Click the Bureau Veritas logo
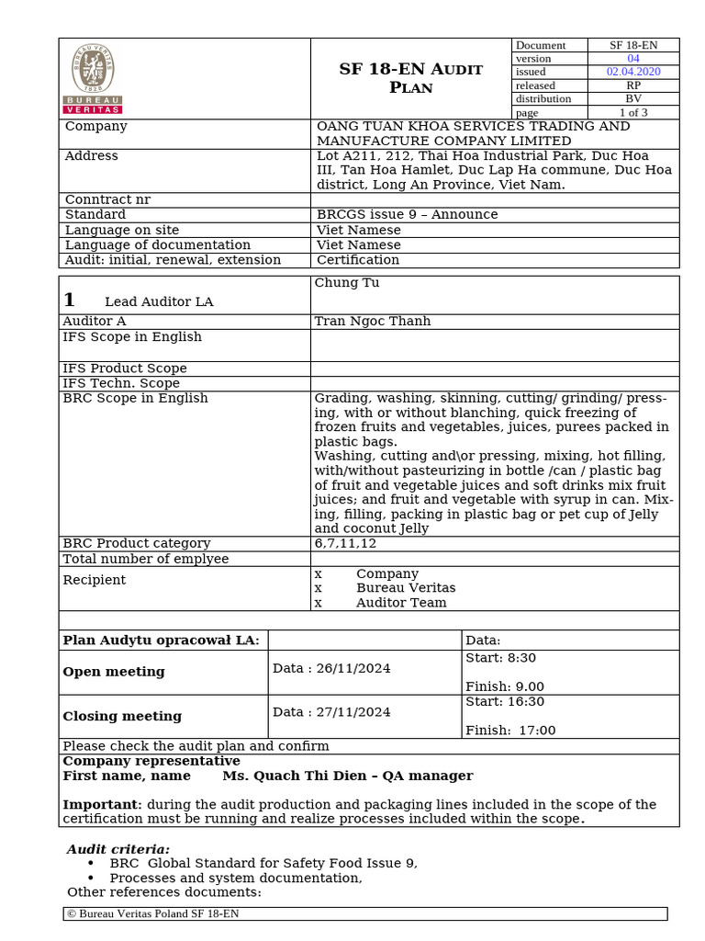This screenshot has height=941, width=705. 93,78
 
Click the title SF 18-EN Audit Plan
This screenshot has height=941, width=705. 410,78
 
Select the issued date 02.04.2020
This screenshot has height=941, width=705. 633,72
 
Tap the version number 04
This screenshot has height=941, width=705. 633,58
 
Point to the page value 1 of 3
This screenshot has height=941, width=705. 633,112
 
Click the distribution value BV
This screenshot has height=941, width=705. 633,98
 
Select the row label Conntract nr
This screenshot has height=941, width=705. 107,199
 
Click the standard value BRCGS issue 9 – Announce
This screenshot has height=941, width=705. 407,214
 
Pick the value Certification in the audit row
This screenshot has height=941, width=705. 358,260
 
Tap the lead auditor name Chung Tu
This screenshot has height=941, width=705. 347,283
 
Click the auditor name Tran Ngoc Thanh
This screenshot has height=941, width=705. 372,322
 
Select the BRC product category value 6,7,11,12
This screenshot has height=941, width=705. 345,543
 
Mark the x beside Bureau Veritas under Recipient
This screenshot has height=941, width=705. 319,588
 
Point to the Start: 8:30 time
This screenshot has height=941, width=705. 500,658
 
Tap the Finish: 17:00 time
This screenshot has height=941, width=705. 510,731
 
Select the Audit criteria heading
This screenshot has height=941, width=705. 118,849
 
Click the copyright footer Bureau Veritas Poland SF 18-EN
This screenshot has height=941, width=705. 153,913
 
